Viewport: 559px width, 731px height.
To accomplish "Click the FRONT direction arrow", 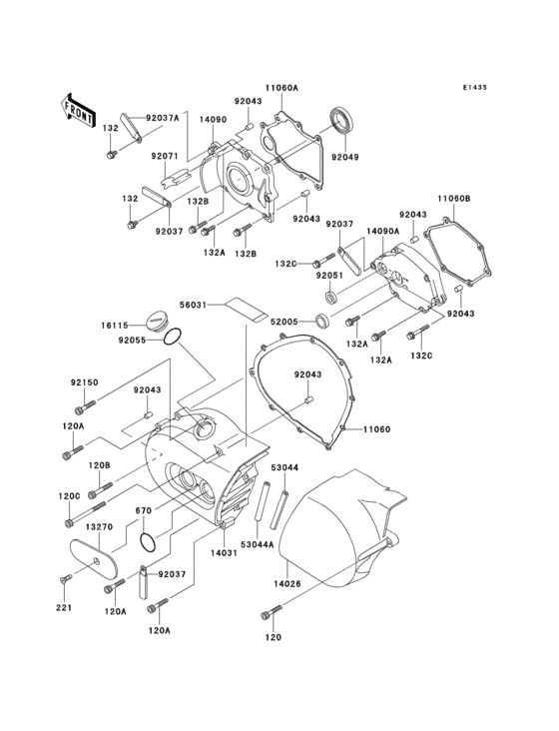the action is (x=76, y=111).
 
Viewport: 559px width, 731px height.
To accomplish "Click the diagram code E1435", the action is (x=475, y=87).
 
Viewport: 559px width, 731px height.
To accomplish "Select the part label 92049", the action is (x=345, y=157).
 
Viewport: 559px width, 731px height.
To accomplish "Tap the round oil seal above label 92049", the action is (x=342, y=120).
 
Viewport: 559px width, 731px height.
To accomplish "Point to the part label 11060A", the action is (x=281, y=87).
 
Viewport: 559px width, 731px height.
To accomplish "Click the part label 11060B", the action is (x=454, y=199).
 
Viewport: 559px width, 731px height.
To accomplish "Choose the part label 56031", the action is (x=194, y=305).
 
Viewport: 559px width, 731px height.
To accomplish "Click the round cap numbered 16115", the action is (x=155, y=322).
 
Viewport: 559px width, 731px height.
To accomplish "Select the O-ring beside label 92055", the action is (x=172, y=337).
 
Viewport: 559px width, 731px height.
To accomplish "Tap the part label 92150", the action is (x=84, y=382).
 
